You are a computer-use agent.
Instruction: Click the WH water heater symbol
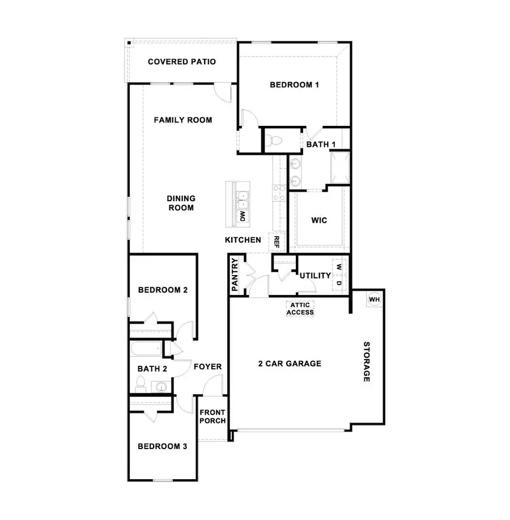coord(375,299)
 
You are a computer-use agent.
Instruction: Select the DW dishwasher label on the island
coord(243,215)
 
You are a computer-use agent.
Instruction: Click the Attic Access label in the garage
coord(300,308)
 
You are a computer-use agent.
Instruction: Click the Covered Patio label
coord(181,62)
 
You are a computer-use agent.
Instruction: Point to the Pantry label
coord(235,275)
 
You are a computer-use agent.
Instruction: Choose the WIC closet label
coord(319,221)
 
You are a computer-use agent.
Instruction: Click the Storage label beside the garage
coord(367,362)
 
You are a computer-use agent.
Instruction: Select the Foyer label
coord(207,367)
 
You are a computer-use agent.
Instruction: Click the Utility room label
coord(315,276)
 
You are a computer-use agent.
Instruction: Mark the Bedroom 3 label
coord(163,446)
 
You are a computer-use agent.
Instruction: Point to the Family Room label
coord(183,120)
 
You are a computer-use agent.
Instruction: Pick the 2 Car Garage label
coord(290,364)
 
